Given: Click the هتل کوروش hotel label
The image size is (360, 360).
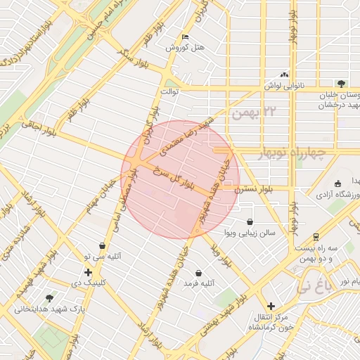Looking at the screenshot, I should [x=184, y=47].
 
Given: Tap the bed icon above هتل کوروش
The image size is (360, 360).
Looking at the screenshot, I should [x=185, y=37].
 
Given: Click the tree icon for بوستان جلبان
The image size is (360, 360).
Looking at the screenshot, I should [x=340, y=83].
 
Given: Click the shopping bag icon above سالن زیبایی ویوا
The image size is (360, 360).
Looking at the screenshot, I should [x=250, y=221].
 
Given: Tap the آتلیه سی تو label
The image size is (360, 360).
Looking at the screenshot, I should [x=103, y=257].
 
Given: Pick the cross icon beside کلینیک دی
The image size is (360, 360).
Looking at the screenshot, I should [x=87, y=272].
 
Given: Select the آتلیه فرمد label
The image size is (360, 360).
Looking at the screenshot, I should [x=199, y=283].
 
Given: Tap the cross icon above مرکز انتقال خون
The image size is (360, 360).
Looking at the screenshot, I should [x=271, y=306].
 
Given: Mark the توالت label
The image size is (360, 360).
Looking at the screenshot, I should [x=171, y=91].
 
